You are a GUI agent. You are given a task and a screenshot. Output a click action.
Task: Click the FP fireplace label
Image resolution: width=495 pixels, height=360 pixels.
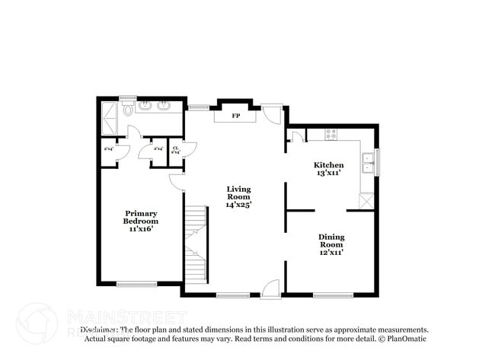tap(236, 116)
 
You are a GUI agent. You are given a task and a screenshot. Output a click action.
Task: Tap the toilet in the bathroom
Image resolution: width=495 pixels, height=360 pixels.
tap(129, 110)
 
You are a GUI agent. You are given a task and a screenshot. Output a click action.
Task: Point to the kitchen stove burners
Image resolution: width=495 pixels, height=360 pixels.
tap(331, 134)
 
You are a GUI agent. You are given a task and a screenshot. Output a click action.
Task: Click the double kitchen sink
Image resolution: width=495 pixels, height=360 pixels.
tap(368, 164)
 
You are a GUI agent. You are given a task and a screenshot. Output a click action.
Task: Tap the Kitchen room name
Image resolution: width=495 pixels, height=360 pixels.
tap(329, 165)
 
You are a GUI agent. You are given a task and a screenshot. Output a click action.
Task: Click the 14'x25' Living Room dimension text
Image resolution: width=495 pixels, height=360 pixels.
tap(238, 204)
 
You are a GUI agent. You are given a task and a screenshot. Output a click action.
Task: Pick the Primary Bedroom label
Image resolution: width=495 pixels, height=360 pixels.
tap(141, 217)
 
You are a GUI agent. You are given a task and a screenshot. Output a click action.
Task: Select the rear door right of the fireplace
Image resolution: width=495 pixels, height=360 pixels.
tap(272, 113)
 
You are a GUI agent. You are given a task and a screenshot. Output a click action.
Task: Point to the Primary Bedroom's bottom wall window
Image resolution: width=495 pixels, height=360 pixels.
tap(137, 285)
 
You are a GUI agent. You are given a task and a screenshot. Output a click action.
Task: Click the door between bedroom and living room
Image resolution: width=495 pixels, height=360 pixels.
tap(177, 182)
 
